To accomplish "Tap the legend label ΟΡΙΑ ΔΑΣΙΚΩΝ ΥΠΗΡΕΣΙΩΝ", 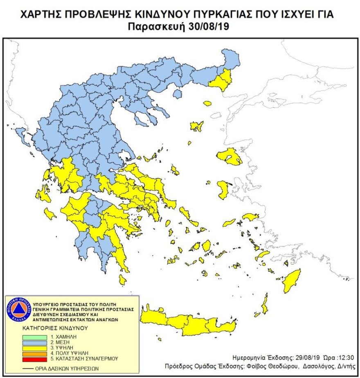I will tap(67, 368).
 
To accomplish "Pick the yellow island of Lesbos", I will tap(230, 157).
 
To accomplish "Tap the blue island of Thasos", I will tap(177, 94).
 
